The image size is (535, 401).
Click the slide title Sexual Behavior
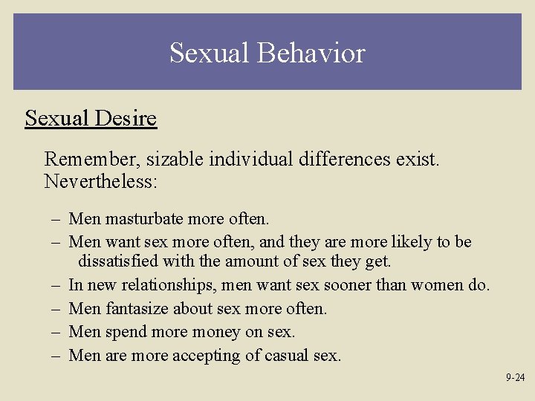(x=267, y=53)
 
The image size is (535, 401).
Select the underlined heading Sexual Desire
(x=91, y=118)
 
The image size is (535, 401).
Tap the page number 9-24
(x=515, y=377)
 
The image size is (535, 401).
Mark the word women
(x=435, y=284)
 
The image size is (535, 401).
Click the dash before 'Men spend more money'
(x=56, y=332)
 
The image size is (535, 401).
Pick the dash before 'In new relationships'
(x=56, y=284)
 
